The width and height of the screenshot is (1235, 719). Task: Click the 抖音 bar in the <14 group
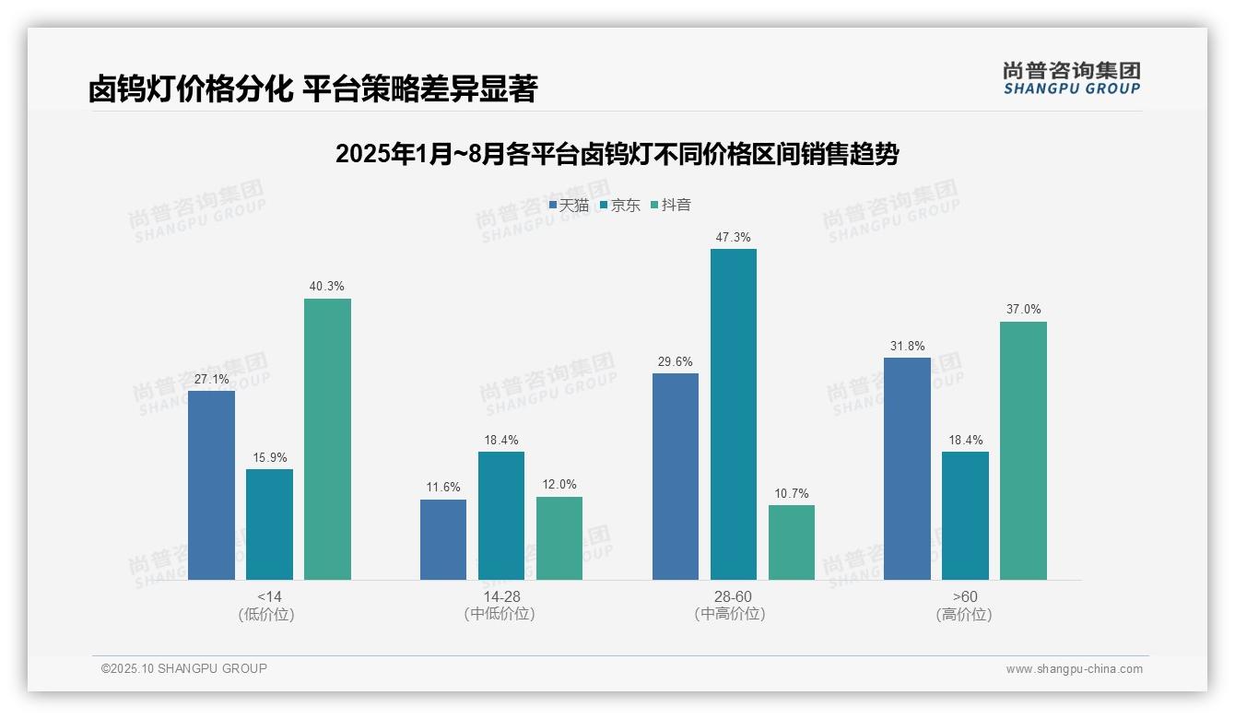coord(327,439)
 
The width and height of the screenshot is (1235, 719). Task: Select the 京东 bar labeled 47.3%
coord(733,414)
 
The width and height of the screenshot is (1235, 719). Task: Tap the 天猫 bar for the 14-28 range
coord(443,539)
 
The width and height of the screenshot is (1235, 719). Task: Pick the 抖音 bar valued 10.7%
coord(791,542)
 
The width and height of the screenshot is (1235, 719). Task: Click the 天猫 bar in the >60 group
coord(907,468)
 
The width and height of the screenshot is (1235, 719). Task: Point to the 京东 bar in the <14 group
coord(269,524)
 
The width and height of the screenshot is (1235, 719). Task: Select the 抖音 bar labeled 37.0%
coord(1023,451)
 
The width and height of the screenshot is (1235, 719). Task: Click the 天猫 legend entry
coord(569,205)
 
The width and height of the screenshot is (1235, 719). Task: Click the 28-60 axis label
coord(733,597)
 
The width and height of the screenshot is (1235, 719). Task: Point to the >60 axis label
coord(965,597)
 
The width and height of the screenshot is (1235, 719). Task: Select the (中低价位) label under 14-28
coord(499,614)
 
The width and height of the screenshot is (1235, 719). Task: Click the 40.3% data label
coord(327,287)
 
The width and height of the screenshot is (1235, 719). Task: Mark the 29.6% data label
coord(675,361)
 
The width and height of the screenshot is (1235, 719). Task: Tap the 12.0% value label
coord(559,485)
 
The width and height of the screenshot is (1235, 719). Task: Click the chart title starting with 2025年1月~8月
coord(617,154)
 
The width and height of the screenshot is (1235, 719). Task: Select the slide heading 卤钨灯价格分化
coord(312,88)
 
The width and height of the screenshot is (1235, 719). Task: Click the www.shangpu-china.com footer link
coord(1074,669)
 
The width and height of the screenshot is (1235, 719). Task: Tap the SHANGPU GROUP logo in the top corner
coord(1071,78)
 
